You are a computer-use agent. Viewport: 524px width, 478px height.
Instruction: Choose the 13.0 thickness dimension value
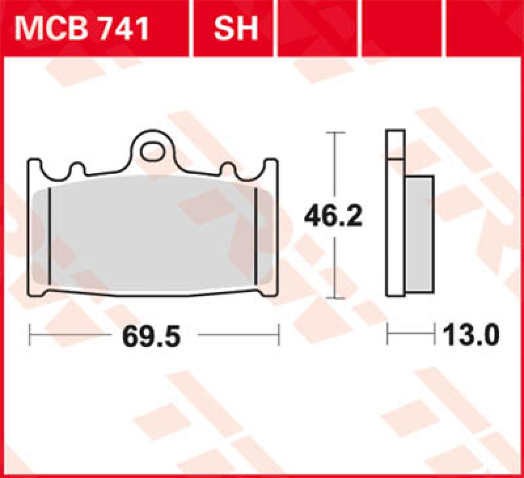click(470, 336)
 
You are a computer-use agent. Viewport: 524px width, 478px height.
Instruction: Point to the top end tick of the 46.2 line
click(335, 133)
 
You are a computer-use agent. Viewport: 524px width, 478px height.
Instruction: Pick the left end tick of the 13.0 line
click(388, 336)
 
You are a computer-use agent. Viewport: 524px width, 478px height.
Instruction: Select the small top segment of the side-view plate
click(396, 145)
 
